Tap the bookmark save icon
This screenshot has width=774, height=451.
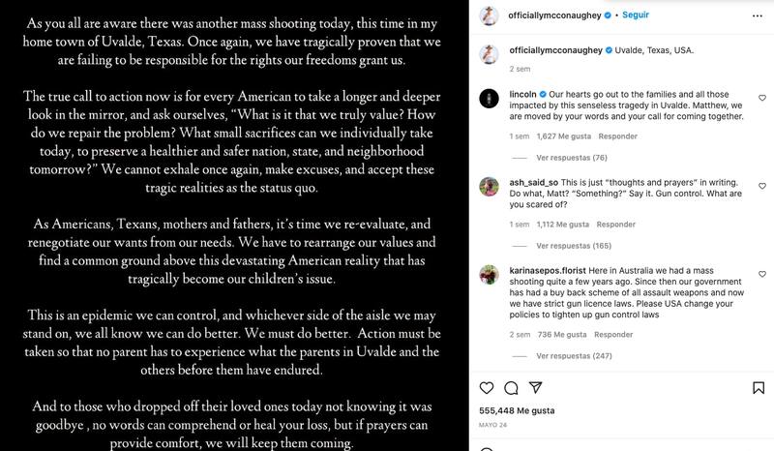[x=758, y=388]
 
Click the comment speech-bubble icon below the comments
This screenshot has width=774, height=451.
[x=512, y=388]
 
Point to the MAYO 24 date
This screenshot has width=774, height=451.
[x=494, y=424]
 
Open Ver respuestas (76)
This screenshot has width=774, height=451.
[x=571, y=158]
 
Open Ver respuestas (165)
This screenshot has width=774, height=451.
[x=573, y=246]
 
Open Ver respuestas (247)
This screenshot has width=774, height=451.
[x=573, y=356]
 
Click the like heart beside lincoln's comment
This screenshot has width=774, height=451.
[x=762, y=99]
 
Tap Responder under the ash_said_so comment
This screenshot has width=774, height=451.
[x=616, y=225]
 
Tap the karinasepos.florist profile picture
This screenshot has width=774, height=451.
[x=491, y=275]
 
